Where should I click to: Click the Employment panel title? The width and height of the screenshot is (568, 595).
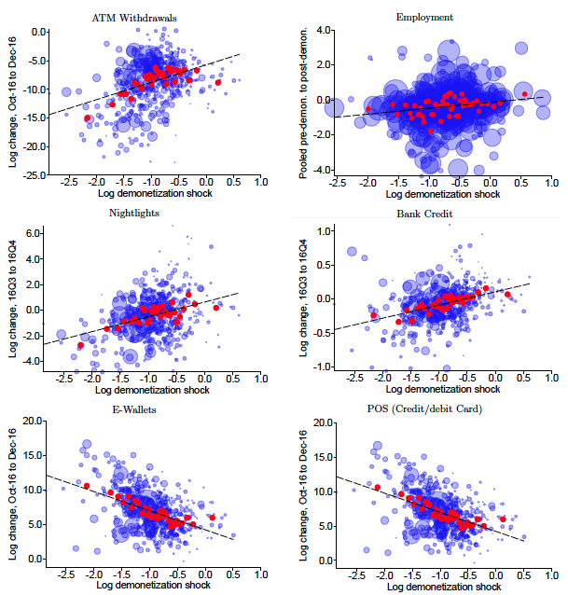pos(424,18)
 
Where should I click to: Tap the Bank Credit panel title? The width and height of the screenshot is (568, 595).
pos(424,214)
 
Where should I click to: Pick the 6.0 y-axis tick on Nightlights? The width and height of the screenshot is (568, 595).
pos(35,232)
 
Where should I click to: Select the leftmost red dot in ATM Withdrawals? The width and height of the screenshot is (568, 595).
pos(88,118)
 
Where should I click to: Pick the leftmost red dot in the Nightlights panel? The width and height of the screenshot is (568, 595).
pos(80,345)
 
